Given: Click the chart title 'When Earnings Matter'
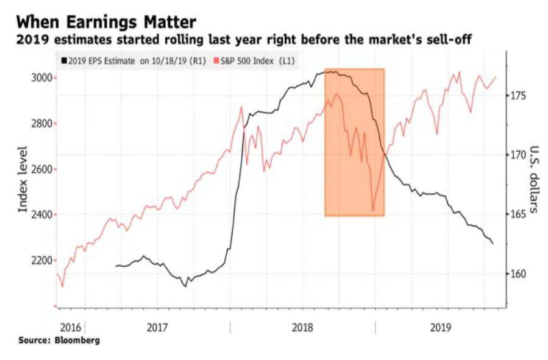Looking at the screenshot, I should click(107, 23).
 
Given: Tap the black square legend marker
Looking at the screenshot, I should click(63, 62).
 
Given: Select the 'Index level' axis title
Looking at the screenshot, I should click(23, 180).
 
